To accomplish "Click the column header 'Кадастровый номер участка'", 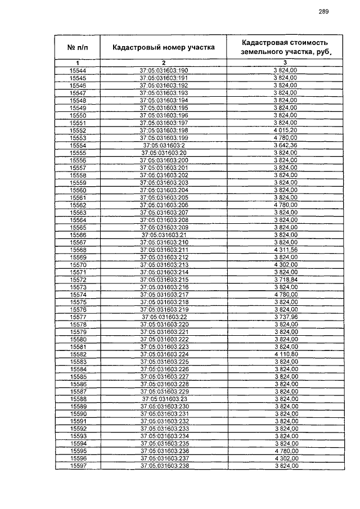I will tap(163, 48).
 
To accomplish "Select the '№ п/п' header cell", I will tap(77, 48).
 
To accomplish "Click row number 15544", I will tap(77, 70).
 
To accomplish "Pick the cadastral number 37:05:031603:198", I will tap(164, 130).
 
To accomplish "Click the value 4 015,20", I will tap(285, 130).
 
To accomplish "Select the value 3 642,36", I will tap(285, 145).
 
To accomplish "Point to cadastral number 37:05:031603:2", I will tap(164, 145).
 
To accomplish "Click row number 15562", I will tap(77, 205).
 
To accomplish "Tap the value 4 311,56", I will tap(285, 250).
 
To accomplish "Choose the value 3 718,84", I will tap(285, 280).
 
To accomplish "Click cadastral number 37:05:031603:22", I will tap(164, 317).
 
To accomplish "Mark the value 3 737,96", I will tap(285, 317).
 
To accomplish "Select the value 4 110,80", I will tap(285, 354).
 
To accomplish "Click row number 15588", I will tap(77, 399).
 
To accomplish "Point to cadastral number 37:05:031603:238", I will tap(164, 466).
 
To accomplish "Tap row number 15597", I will tap(77, 466).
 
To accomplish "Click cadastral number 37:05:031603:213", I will tap(164, 264).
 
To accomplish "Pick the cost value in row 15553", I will tap(285, 138).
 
